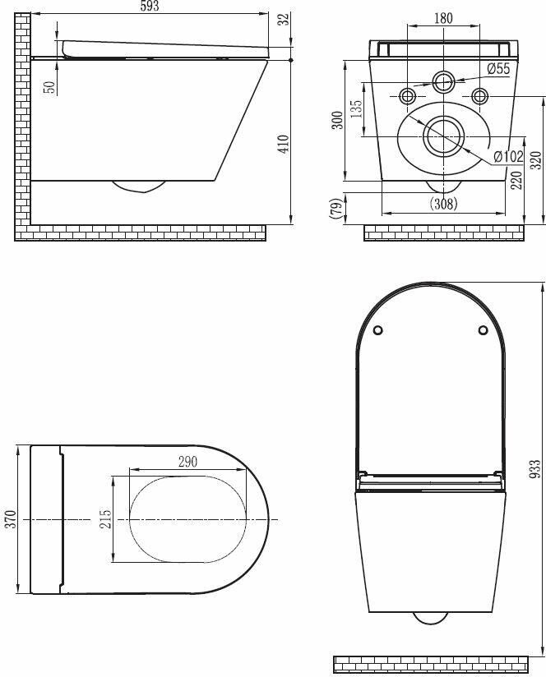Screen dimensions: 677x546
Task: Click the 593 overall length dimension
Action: tap(148, 7)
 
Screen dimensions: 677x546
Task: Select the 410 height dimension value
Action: tap(284, 145)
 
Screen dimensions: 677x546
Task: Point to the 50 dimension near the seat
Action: tap(49, 85)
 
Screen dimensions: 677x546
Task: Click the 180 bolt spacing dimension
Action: tap(443, 18)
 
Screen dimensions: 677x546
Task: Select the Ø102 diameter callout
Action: tap(509, 156)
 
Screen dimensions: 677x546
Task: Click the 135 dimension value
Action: tap(357, 110)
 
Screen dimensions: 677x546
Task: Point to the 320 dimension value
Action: tap(536, 159)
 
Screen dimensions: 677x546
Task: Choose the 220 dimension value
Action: tap(516, 180)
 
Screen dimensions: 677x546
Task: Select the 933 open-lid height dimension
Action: tap(535, 469)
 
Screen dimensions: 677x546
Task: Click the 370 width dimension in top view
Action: tap(11, 519)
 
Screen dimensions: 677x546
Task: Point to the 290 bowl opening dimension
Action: tap(187, 462)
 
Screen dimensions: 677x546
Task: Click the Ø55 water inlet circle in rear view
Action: tap(443, 81)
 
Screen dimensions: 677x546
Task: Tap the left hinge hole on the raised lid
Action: tap(377, 330)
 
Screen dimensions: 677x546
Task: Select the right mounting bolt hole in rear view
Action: tap(481, 96)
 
